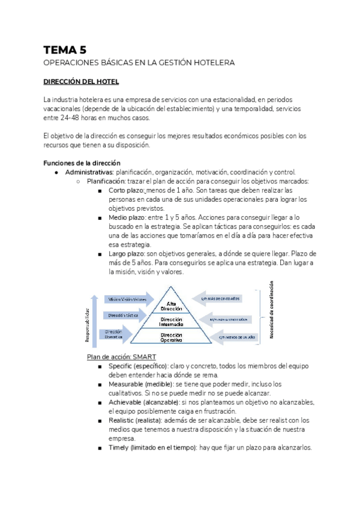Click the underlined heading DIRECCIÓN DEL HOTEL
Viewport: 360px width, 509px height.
click(x=81, y=81)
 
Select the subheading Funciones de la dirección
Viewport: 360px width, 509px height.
click(x=82, y=163)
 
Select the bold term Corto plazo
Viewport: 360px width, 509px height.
click(x=127, y=191)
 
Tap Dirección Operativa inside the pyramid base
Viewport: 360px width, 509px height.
click(x=172, y=337)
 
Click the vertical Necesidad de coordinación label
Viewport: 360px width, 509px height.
click(x=271, y=310)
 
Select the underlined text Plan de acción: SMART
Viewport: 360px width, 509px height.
click(x=122, y=357)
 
